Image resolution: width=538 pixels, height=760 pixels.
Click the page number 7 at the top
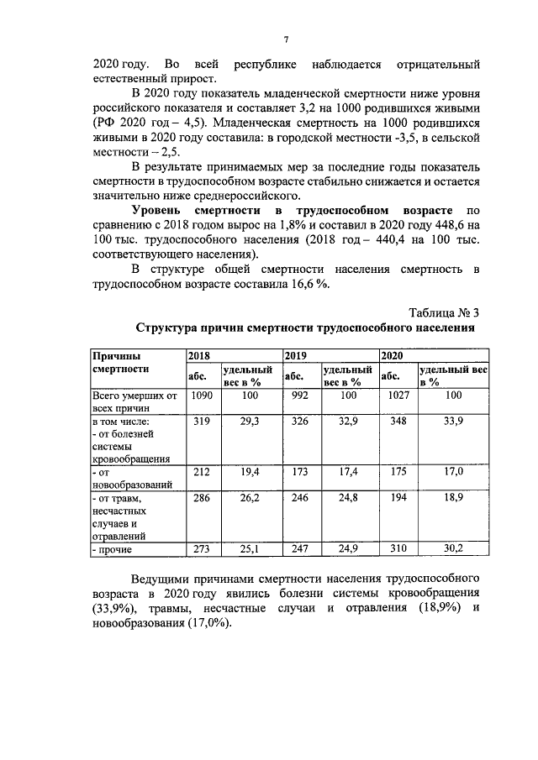[286, 39]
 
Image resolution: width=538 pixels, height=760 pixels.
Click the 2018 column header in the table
[199, 356]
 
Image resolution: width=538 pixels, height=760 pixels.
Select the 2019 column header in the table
[296, 356]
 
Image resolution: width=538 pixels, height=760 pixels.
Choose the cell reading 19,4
[249, 472]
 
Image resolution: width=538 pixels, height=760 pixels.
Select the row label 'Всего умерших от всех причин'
[132, 401]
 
